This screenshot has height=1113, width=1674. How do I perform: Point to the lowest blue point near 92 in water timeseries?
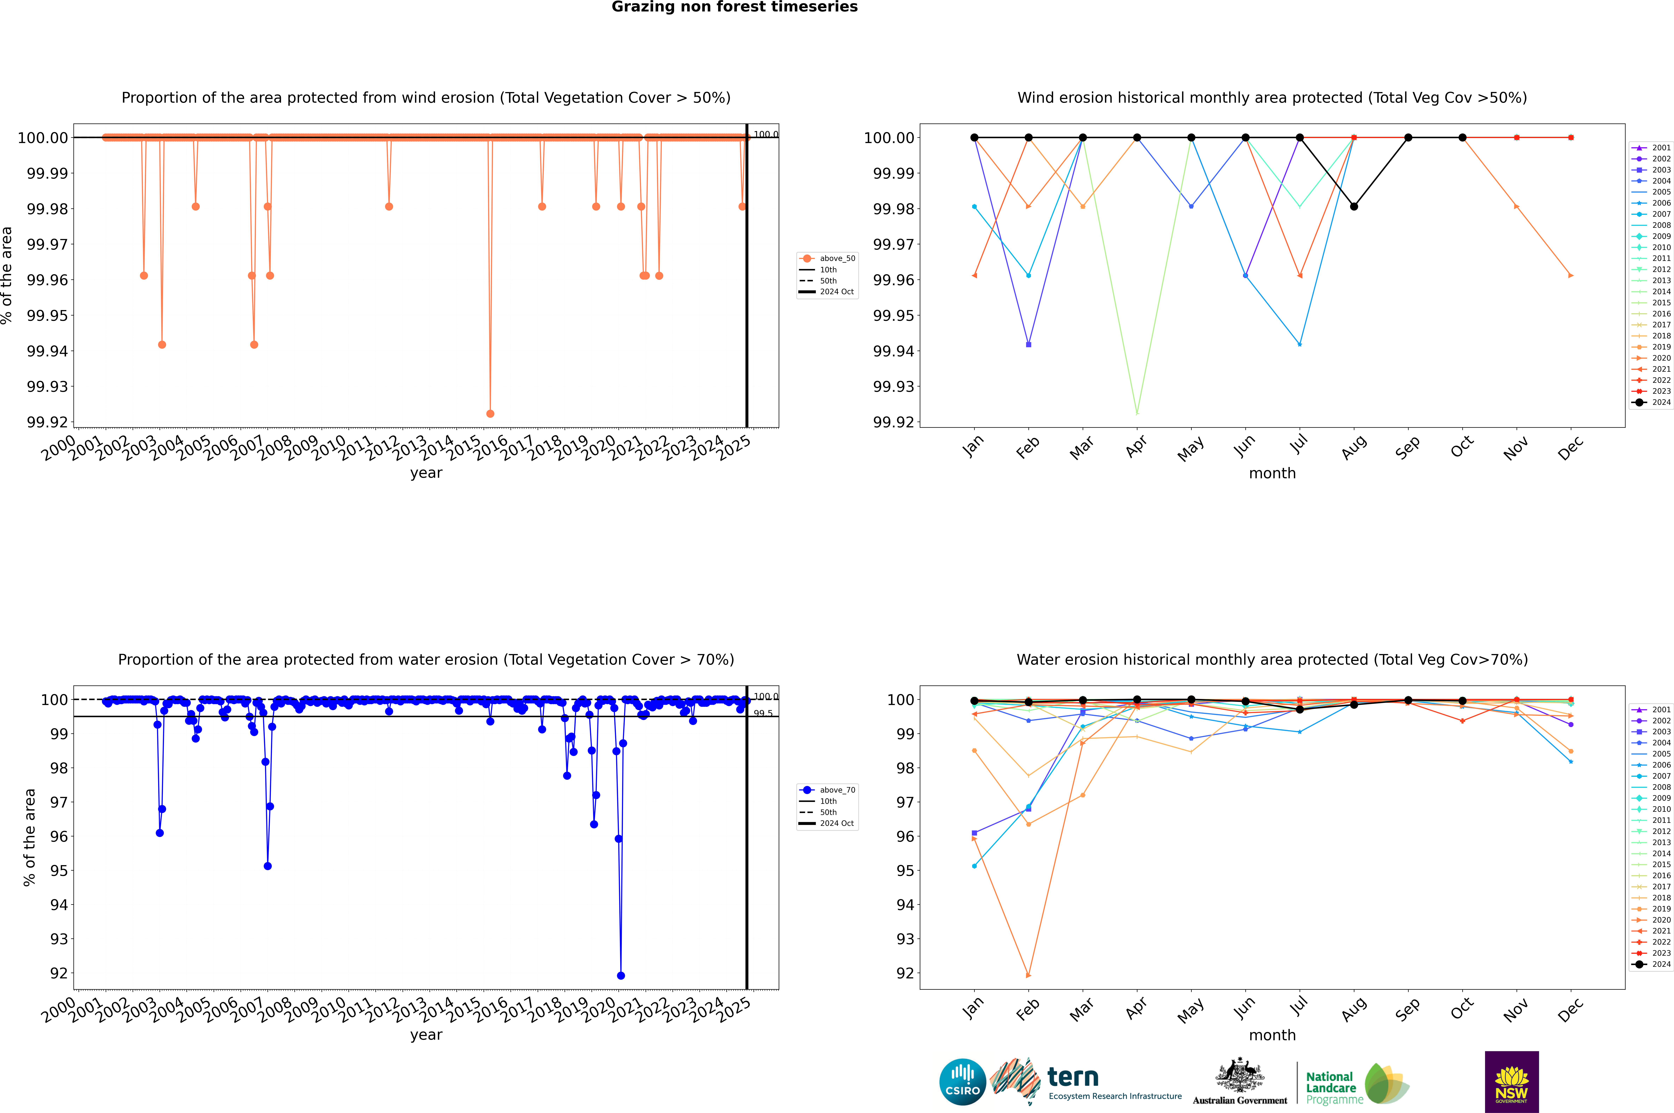621,975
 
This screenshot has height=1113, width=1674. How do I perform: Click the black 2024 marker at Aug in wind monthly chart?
1354,207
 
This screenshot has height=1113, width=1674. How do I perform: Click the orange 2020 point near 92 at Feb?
1028,975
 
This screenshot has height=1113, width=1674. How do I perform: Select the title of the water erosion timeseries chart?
426,659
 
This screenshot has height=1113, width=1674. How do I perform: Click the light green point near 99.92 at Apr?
1137,412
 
